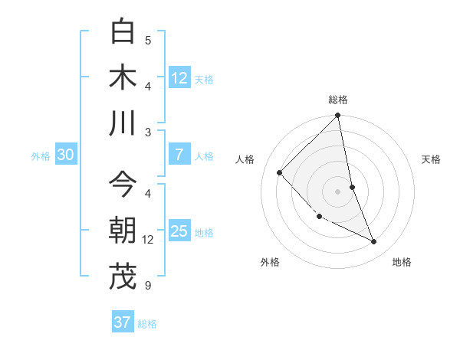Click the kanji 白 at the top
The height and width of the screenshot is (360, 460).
(x=123, y=32)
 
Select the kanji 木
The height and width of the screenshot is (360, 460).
(x=123, y=77)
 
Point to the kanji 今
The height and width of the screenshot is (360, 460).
(x=123, y=184)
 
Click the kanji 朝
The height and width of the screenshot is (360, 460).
(x=123, y=230)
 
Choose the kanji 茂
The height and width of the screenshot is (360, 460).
(x=123, y=277)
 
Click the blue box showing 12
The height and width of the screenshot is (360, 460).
(x=179, y=78)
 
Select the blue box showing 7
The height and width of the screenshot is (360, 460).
(x=179, y=155)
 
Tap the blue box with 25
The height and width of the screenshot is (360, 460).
(x=179, y=231)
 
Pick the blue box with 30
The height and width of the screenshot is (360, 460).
(x=65, y=155)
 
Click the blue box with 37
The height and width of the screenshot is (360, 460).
(x=123, y=322)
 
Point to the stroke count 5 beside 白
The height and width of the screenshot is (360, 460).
(x=148, y=41)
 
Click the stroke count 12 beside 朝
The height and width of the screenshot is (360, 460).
(x=148, y=240)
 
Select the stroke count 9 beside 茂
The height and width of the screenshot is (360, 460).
(x=148, y=286)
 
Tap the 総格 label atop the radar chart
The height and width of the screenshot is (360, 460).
(x=338, y=100)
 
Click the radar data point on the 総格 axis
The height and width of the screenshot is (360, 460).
(x=338, y=116)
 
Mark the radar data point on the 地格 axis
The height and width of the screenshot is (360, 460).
(x=374, y=242)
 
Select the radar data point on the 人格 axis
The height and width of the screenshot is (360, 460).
(x=280, y=172)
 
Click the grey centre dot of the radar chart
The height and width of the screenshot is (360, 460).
(x=338, y=191)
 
